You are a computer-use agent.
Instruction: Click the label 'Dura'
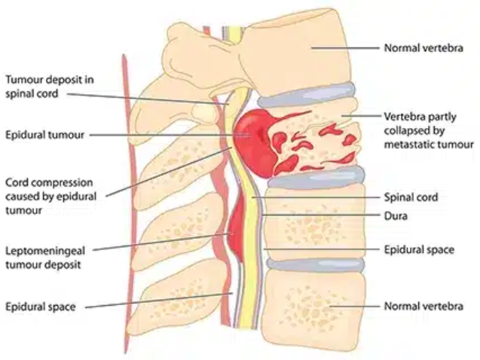click(x=396, y=216)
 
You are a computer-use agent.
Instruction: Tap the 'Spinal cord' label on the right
click(x=411, y=197)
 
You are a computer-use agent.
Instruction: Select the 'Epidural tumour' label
click(x=44, y=135)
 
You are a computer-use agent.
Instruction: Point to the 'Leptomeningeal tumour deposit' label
click(x=45, y=258)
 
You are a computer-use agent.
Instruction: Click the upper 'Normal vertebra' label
click(x=423, y=48)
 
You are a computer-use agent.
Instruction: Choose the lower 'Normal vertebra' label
click(x=423, y=307)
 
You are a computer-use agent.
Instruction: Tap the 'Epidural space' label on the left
click(x=41, y=307)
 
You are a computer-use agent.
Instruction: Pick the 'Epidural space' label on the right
click(x=419, y=249)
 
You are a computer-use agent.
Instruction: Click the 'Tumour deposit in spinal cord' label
click(x=50, y=87)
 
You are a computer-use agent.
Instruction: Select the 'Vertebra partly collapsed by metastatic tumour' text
click(x=429, y=130)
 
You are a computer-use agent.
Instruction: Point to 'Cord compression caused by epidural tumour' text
click(x=50, y=197)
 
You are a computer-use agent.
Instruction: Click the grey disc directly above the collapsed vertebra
click(x=307, y=95)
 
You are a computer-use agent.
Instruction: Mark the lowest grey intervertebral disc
click(x=316, y=265)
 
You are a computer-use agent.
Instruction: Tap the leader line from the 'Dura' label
click(x=320, y=215)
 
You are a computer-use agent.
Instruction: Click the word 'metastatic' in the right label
click(x=409, y=144)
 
